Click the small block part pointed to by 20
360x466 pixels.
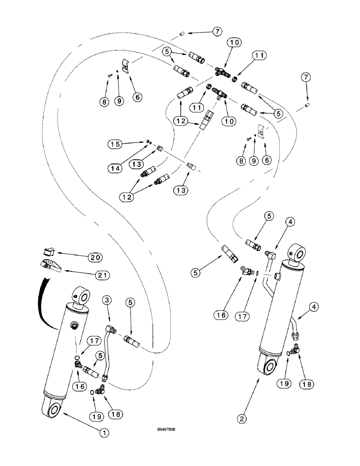coord(48,252)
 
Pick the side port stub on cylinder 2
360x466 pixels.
coord(279,277)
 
